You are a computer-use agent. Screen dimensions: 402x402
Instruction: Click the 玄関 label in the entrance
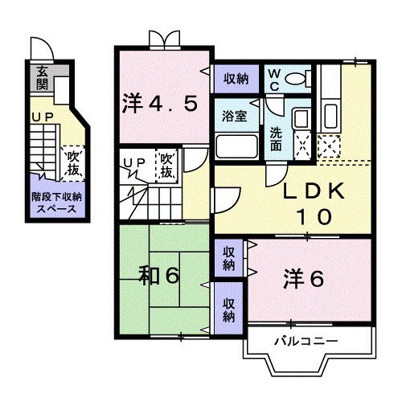click(x=41, y=78)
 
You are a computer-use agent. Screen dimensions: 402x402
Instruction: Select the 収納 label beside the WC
click(x=235, y=78)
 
